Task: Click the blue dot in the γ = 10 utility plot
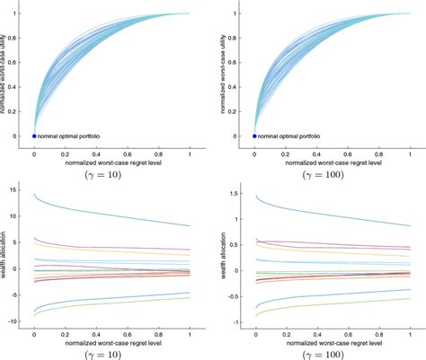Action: (34, 136)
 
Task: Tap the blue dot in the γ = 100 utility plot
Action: (254, 136)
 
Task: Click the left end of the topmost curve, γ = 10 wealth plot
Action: (34, 194)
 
